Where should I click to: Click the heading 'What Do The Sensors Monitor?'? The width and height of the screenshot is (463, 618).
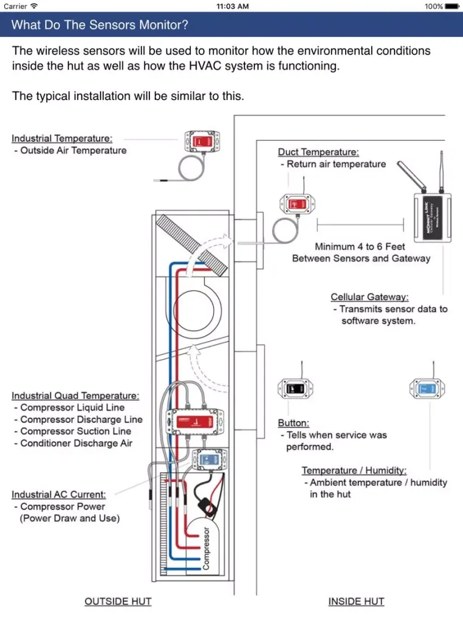click(x=100, y=25)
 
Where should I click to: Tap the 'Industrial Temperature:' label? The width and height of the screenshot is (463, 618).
click(x=62, y=138)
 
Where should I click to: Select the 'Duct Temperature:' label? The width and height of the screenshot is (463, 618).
click(x=318, y=152)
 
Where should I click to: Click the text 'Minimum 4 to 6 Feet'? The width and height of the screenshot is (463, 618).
click(x=360, y=247)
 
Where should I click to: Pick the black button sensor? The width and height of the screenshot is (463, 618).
click(x=293, y=389)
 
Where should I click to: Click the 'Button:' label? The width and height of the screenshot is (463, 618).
click(x=293, y=423)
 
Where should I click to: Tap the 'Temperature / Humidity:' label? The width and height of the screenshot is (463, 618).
click(x=354, y=471)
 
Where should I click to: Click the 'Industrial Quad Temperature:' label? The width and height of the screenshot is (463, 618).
click(x=75, y=396)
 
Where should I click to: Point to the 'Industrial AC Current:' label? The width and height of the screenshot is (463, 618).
click(x=59, y=494)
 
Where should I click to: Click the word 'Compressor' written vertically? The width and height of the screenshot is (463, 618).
click(x=206, y=548)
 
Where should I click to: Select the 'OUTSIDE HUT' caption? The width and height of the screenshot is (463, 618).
click(x=117, y=601)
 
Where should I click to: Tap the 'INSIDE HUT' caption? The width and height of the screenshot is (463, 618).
click(x=356, y=601)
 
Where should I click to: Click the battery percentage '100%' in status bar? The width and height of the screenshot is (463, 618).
click(x=433, y=6)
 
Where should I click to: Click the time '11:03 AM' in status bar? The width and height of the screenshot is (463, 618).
click(x=233, y=6)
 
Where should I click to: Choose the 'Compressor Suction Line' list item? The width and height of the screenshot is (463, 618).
click(x=75, y=431)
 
